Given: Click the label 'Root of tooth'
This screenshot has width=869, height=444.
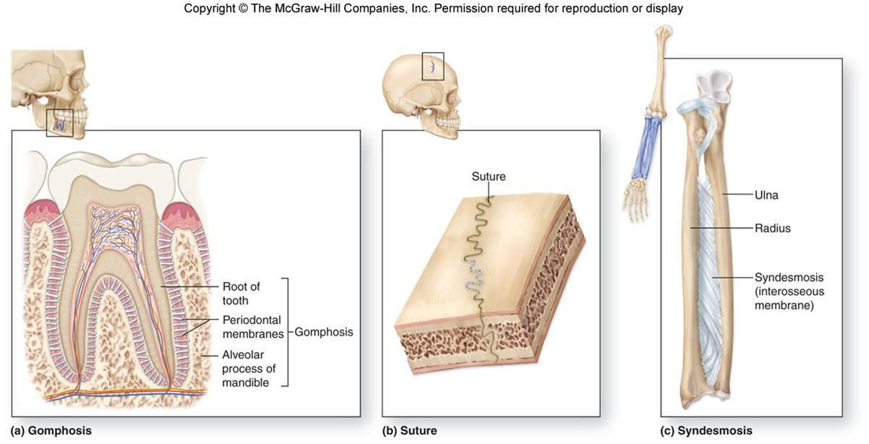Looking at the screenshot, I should pyautogui.click(x=241, y=294).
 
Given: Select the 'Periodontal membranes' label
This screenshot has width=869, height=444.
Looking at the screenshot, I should pyautogui.click(x=251, y=326).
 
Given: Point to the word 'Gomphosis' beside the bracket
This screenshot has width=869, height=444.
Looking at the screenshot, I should pyautogui.click(x=324, y=333).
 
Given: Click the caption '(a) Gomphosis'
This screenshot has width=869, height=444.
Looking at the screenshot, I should pyautogui.click(x=51, y=431).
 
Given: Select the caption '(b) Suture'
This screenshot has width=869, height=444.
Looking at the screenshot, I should pyautogui.click(x=409, y=431).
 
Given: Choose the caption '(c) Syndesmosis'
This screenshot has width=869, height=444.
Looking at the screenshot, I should pyautogui.click(x=706, y=431).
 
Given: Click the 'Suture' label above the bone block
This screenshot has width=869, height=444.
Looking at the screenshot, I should pyautogui.click(x=489, y=176).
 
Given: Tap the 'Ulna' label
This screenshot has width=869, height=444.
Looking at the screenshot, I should pyautogui.click(x=766, y=195).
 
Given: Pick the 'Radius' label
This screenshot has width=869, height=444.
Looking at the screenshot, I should pyautogui.click(x=772, y=229).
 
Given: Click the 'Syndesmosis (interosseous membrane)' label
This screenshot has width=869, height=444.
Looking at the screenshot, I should pyautogui.click(x=789, y=291).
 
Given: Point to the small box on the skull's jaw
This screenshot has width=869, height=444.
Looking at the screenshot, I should pyautogui.click(x=60, y=123).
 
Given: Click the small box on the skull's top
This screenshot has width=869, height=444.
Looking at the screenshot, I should pyautogui.click(x=432, y=66).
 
